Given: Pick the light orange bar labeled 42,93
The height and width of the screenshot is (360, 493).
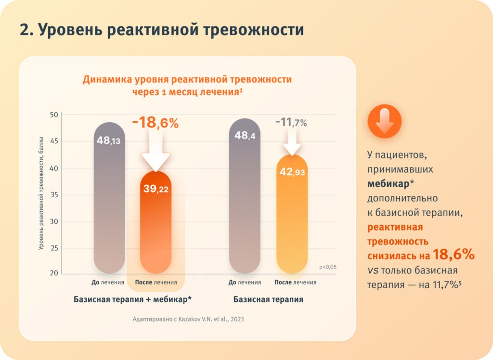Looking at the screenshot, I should coord(292,217).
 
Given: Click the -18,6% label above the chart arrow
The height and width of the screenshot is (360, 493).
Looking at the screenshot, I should coord(155,123).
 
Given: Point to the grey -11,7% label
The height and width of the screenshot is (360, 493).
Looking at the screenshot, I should coord(291,123).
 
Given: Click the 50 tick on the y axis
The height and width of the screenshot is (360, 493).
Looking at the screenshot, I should coord(53,115).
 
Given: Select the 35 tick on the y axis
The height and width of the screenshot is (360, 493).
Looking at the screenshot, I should coord(53,195).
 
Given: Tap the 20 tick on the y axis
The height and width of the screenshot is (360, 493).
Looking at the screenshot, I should coord(53,273).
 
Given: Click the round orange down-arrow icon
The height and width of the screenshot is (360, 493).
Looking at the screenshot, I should coord(384,121).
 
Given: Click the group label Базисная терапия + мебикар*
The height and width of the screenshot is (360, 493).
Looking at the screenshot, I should coord(132,299).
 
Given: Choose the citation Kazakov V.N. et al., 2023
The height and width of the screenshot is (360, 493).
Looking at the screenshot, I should coord(188,319).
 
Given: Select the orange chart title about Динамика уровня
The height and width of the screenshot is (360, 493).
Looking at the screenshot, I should coord(187,85).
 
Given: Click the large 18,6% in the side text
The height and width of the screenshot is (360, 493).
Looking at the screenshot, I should coord(454,255).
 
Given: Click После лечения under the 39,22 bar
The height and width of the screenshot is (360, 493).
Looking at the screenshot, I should coord(156,283).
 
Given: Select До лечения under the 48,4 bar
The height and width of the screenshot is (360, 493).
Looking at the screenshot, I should coord(245,283).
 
